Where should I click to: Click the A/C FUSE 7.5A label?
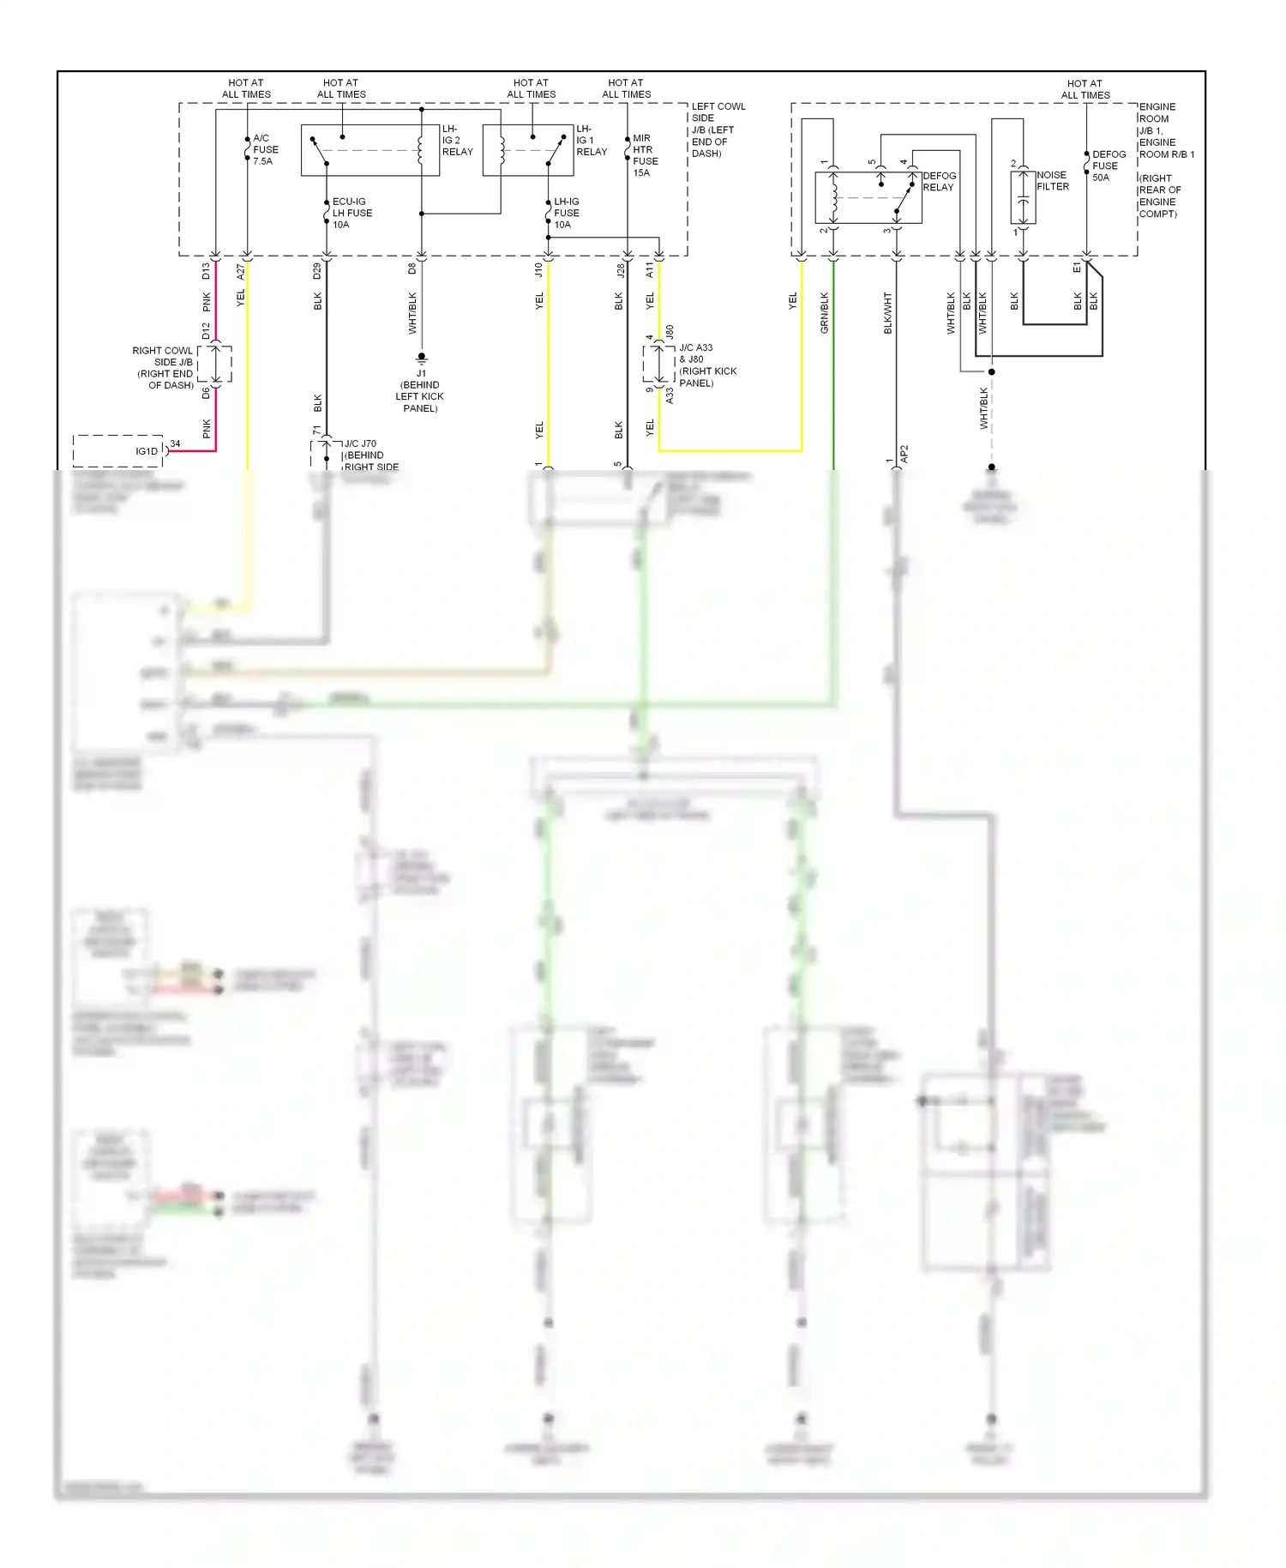[265, 149]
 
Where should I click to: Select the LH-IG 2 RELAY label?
[457, 140]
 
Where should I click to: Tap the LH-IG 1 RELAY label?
[591, 140]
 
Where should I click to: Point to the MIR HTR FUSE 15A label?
[645, 155]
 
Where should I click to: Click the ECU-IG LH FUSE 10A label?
[352, 213]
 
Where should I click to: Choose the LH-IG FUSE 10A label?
[566, 213]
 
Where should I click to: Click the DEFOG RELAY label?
[939, 181]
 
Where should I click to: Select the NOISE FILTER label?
[1052, 180]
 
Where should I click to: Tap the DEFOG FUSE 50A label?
[1108, 166]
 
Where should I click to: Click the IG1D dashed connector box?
[118, 450]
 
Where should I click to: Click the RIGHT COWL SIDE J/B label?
[163, 368]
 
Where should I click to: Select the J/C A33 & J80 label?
[706, 365]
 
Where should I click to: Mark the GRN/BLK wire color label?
[825, 312]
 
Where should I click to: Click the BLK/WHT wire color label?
[887, 313]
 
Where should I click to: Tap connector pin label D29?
[317, 270]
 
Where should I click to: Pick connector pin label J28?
[621, 270]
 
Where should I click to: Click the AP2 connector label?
[904, 454]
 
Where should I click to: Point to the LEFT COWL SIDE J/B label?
[718, 130]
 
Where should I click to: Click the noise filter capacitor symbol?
[1022, 198]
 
